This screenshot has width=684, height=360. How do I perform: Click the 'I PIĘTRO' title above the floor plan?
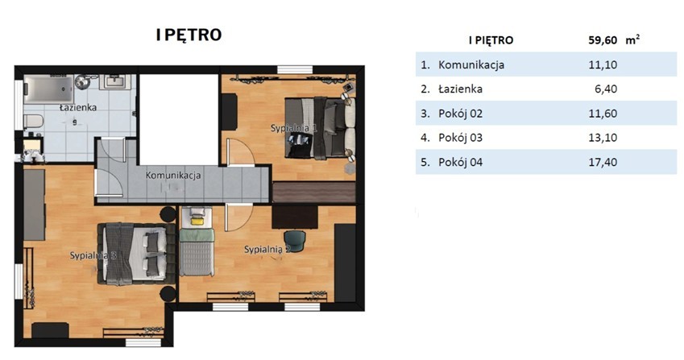click(189, 35)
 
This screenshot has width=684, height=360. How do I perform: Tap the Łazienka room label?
click(78, 107)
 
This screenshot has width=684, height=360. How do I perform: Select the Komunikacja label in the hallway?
click(173, 176)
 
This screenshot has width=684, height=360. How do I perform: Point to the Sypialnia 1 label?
click(293, 128)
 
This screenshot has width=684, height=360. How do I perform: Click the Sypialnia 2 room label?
click(267, 250)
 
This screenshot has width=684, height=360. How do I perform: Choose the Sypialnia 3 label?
click(93, 255)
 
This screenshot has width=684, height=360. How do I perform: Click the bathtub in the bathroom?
click(48, 89)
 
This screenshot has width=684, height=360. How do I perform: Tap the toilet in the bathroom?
click(33, 121)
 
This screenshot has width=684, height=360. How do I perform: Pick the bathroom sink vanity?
click(114, 81)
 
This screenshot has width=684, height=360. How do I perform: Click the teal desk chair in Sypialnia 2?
click(295, 241)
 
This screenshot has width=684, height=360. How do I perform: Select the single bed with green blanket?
click(197, 242)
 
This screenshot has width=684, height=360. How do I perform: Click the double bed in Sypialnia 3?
click(136, 254)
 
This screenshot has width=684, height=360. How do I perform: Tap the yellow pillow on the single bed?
click(197, 221)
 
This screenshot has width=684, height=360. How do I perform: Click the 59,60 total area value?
click(603, 40)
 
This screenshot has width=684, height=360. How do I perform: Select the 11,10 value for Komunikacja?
click(603, 65)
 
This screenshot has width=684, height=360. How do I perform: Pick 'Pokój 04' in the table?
click(460, 163)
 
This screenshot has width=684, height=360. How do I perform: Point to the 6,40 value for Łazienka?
click(606, 89)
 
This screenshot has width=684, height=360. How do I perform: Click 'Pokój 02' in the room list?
click(460, 114)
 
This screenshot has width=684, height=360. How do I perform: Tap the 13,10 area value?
click(603, 139)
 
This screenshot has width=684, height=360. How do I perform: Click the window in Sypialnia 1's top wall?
click(295, 70)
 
